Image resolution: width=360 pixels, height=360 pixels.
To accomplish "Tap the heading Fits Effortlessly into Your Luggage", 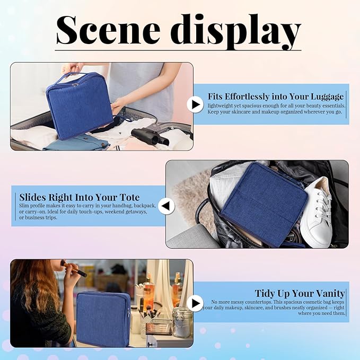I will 276,96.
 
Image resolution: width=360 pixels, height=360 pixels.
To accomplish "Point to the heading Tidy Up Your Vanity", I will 300,293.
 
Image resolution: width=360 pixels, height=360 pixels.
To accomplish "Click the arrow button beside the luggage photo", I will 195,104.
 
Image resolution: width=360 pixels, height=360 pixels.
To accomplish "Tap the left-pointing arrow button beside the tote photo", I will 166,206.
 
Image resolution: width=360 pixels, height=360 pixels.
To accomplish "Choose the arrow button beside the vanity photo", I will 195,303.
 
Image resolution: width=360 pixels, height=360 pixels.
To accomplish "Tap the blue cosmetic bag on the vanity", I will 103,318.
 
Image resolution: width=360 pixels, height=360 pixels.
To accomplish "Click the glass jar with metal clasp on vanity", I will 182,321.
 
